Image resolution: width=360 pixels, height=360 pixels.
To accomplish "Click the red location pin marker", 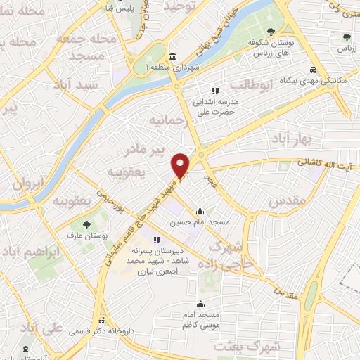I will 181,165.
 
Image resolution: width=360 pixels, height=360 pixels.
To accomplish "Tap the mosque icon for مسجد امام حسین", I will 200,211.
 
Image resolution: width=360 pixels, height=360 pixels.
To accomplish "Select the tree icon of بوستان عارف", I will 86,225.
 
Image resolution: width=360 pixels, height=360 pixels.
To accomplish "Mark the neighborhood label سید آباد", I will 99,84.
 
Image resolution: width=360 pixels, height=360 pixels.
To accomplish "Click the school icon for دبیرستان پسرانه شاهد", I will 155,240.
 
